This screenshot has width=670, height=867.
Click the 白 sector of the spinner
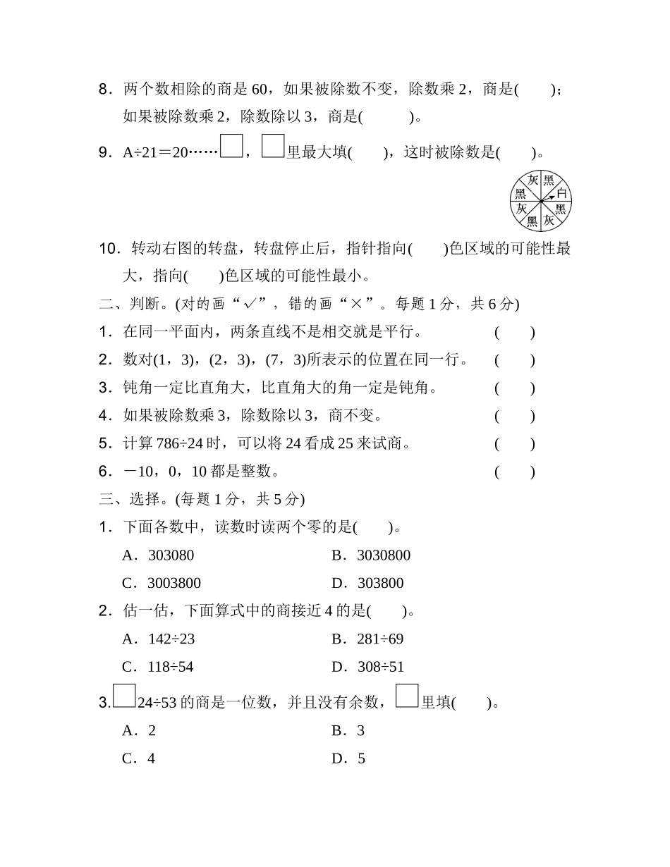[561, 192]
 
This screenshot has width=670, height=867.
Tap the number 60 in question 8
[260, 90]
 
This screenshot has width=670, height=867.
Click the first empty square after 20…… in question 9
[231, 146]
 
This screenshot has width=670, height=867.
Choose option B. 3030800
[371, 555]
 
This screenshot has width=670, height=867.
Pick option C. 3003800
[162, 583]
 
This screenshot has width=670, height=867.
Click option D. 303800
[367, 583]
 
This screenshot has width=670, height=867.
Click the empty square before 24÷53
[124, 696]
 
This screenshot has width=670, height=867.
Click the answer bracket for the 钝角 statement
[514, 388]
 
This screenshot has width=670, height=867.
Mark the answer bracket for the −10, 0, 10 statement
[514, 472]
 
